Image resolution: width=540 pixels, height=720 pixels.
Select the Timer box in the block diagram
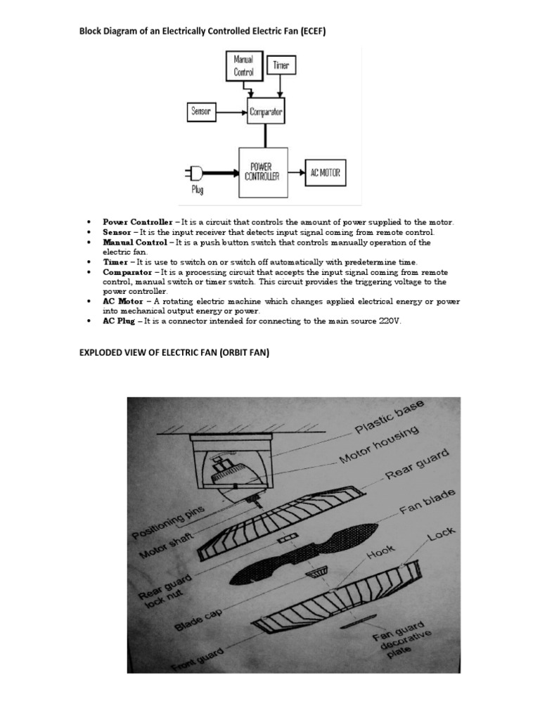281,65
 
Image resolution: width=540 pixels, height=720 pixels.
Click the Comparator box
266,111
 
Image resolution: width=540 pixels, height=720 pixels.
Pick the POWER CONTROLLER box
264,172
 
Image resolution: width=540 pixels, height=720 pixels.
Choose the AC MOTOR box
326,172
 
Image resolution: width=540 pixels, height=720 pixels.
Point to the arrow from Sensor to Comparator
231,111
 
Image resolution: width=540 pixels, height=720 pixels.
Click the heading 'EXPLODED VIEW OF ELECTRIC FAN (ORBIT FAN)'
174,353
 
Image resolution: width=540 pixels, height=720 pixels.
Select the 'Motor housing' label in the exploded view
379,445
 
